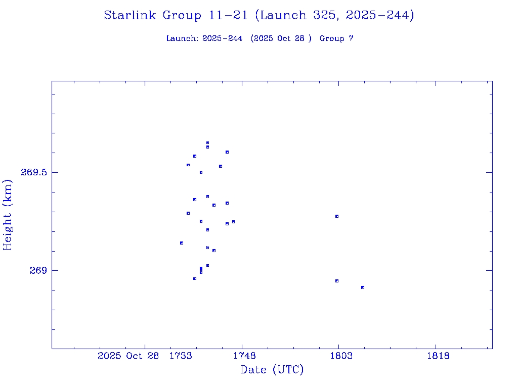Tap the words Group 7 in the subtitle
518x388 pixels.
(336, 38)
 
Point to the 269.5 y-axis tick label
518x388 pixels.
(34, 172)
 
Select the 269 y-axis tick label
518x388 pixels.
(38, 270)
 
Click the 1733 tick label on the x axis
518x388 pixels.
(181, 356)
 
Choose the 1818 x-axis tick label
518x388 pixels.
(438, 356)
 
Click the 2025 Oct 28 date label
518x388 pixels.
(128, 356)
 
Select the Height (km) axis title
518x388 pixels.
(8, 215)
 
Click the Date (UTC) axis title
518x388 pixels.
(272, 370)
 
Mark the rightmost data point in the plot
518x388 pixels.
(363, 287)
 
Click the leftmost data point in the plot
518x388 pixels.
(182, 243)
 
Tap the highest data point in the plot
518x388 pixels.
(207, 143)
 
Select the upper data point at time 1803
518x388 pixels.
(336, 216)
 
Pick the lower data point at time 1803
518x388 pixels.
(336, 281)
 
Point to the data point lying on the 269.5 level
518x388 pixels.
(201, 172)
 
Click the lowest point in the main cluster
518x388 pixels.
(195, 278)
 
